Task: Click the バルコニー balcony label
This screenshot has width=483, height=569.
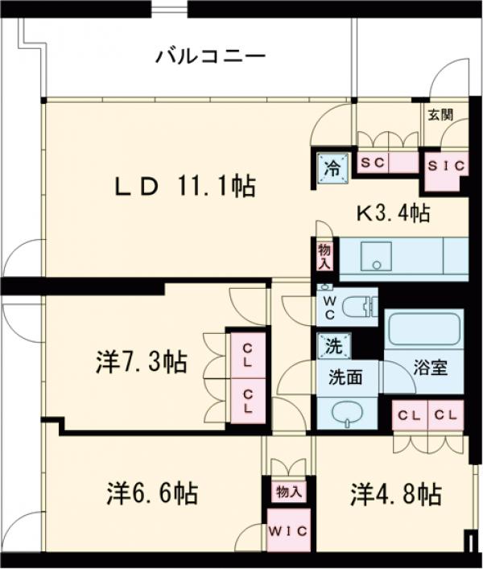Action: pyautogui.click(x=210, y=57)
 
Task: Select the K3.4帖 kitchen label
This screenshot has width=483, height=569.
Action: pyautogui.click(x=393, y=213)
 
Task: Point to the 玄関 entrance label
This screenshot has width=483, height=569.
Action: pyautogui.click(x=440, y=114)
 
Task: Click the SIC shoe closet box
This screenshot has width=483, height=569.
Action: pyautogui.click(x=445, y=167)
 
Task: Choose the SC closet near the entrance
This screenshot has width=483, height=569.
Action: pyautogui.click(x=374, y=162)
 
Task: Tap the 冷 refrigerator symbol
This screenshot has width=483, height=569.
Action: pyautogui.click(x=330, y=169)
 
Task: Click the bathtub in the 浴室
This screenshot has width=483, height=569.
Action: pyautogui.click(x=423, y=329)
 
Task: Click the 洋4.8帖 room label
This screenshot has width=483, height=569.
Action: pyautogui.click(x=395, y=493)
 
